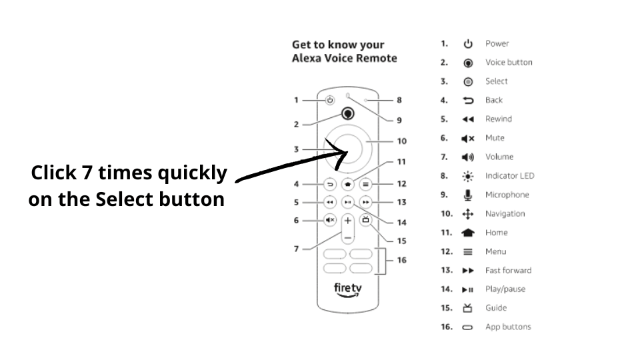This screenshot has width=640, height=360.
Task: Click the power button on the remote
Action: [330, 101]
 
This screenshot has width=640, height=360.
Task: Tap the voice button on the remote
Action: [347, 113]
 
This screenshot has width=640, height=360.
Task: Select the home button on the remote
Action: [347, 184]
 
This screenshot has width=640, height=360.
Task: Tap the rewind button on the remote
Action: [330, 202]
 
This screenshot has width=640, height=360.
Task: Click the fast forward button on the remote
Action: [365, 202]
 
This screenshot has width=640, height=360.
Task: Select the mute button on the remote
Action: [330, 220]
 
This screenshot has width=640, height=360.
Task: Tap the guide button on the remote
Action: [365, 219]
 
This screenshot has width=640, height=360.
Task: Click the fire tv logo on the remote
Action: [347, 291]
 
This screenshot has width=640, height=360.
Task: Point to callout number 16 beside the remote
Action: [401, 260]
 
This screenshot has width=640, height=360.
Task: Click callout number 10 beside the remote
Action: [401, 141]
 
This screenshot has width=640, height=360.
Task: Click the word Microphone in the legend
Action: [507, 195]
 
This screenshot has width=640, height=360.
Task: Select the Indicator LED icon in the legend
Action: [468, 176]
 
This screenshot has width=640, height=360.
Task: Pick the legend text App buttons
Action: [508, 327]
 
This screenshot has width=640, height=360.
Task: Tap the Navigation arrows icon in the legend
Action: [468, 214]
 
